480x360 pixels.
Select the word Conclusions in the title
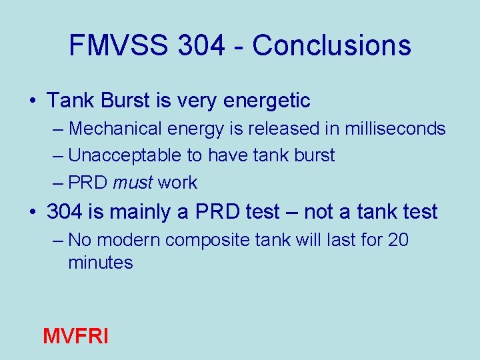coord(331,45)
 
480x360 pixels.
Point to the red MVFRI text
coord(75,335)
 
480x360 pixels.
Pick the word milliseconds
coord(394,128)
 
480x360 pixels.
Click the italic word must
coord(133,183)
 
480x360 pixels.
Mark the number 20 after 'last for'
coord(397,239)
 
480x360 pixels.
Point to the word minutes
coord(100,263)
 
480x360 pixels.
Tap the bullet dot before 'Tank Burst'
coord(33,101)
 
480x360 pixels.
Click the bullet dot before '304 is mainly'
coord(33,213)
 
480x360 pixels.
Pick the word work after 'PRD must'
coord(177,183)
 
